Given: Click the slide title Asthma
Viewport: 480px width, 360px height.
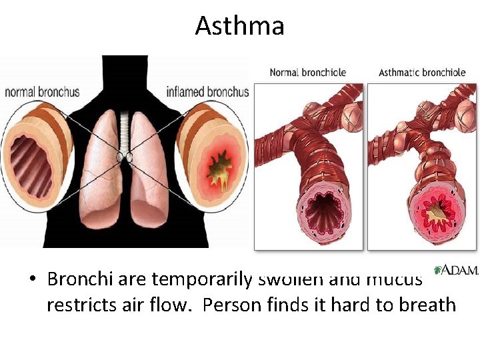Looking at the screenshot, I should [240, 26].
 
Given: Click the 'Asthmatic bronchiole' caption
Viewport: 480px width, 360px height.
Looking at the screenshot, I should [422, 72].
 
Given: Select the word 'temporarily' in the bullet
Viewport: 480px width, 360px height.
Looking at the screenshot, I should [201, 279].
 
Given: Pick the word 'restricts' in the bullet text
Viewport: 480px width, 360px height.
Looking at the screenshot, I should [76, 305].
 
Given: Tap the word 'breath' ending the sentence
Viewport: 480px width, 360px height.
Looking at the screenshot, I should [430, 305].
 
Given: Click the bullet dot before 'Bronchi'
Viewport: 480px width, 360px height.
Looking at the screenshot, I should [32, 279].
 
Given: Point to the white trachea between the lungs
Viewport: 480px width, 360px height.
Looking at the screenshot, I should [123, 133].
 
